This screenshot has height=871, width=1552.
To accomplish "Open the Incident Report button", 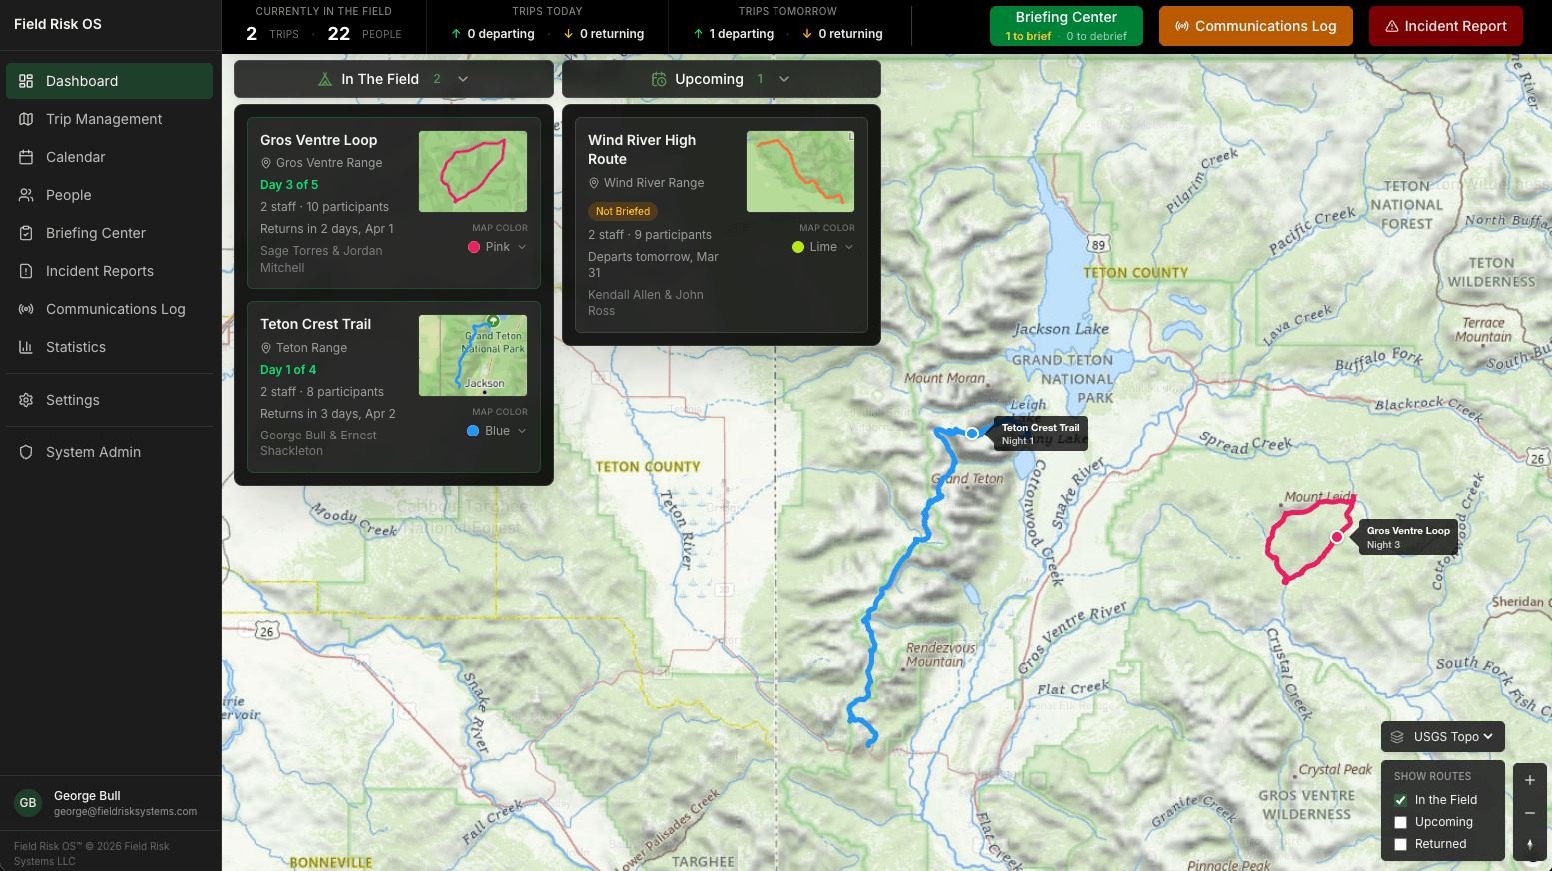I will pos(1445,26).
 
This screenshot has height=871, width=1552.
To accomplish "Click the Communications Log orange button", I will pos(1255,26).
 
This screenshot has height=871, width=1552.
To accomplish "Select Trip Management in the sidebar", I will pos(104,119).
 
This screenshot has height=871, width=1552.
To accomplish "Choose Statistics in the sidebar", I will pos(76,347).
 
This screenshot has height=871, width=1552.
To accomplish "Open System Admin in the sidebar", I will pos(93,452).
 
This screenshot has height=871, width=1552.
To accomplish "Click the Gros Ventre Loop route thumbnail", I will pos(472,171).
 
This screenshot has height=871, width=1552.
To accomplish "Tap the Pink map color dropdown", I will pos(497,247).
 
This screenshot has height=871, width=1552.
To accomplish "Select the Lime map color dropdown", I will pos(823,247).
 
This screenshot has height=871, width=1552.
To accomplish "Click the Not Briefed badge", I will pos(622,211).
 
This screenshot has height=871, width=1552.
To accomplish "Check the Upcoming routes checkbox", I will pos(1401,822).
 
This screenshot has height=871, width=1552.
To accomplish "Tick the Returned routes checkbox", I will pos(1401,844).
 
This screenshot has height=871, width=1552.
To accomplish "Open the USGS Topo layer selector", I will pos(1443,737).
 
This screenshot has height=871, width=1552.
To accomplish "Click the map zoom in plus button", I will pos(1529,780).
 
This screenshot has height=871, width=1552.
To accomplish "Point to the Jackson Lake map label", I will pos(1061,329).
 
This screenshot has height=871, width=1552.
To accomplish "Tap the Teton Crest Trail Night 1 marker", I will pos(972,434).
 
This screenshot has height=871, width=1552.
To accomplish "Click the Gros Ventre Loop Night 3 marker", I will pos(1337,537).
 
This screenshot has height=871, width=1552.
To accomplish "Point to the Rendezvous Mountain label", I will pos(940,654).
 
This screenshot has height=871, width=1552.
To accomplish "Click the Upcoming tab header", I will pos(709,79).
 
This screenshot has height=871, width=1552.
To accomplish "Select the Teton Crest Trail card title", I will pos(315,324).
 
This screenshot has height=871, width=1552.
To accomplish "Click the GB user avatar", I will pos(28,803).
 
